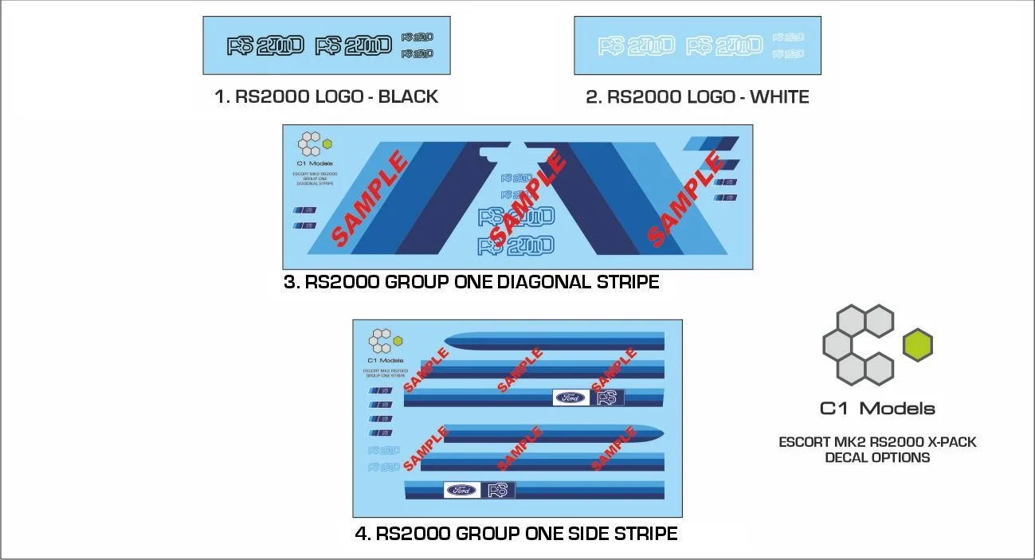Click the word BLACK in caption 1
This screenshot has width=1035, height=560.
[408, 97]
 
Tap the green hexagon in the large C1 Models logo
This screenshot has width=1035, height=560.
[918, 345]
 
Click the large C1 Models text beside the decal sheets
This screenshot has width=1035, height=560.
[877, 409]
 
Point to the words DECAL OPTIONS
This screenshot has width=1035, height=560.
[877, 457]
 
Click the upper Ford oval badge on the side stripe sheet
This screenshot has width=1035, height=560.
[570, 397]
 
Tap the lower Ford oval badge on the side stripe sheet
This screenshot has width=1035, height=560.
[462, 490]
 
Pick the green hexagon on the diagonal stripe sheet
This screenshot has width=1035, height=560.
[327, 144]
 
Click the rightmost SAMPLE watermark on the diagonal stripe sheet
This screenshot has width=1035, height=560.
[686, 199]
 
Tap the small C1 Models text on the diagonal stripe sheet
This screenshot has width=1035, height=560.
[314, 164]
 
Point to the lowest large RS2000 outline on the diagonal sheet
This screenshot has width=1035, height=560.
[516, 245]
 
